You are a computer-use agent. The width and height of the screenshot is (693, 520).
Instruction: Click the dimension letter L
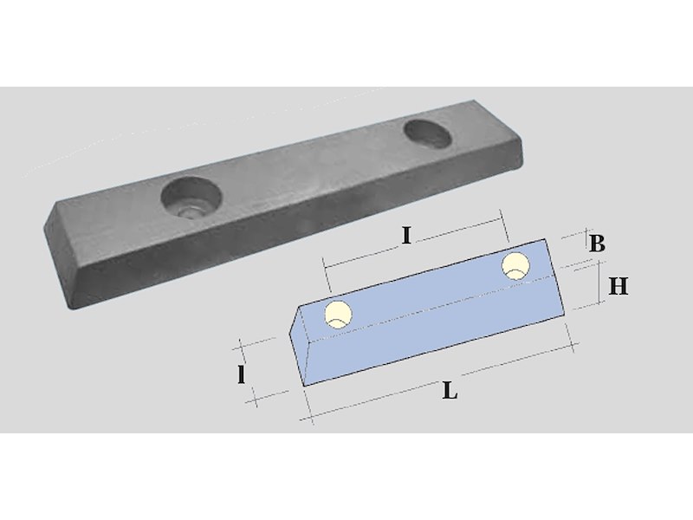click(x=450, y=391)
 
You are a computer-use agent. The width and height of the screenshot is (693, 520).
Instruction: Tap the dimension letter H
click(x=618, y=287)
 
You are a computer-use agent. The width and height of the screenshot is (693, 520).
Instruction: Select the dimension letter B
click(x=597, y=244)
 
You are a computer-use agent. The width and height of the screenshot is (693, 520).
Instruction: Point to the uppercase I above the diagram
click(x=406, y=236)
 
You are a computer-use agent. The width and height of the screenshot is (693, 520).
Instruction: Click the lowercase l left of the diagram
click(x=242, y=375)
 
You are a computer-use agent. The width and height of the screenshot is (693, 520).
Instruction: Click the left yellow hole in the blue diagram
click(x=339, y=315)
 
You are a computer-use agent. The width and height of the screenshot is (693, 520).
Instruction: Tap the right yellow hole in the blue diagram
click(x=515, y=266)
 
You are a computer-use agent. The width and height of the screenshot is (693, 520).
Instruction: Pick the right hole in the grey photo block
click(x=428, y=133)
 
